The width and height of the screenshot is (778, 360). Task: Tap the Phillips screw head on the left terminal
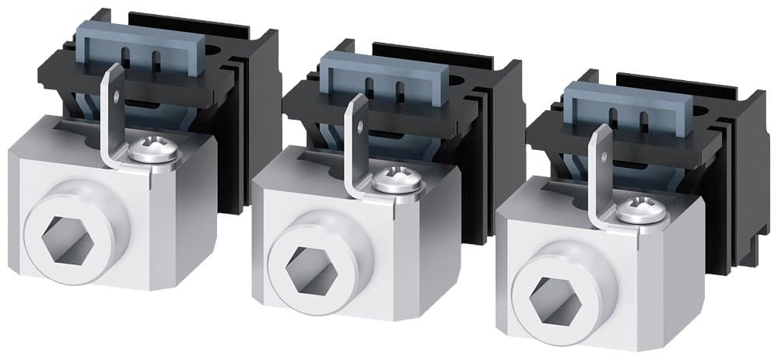coord(155,149)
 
